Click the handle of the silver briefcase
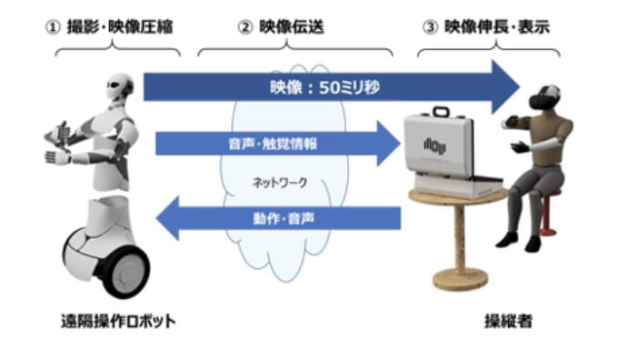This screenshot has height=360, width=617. [x=443, y=114]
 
